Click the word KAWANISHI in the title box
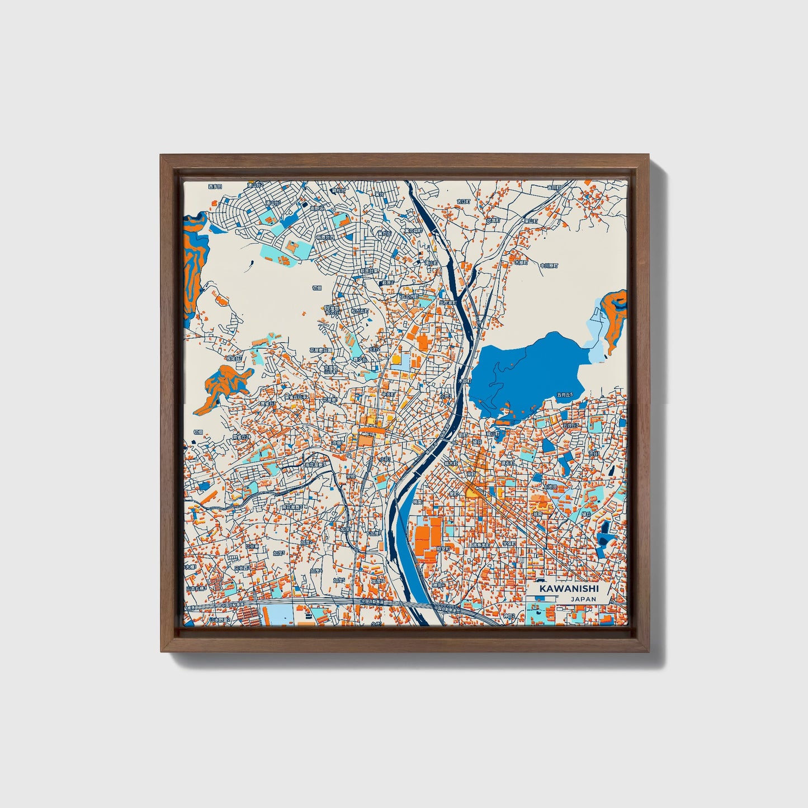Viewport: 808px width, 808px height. tap(569, 589)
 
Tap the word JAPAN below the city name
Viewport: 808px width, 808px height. tap(583, 599)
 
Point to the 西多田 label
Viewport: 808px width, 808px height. tap(215, 186)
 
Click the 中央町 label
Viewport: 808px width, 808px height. tap(388, 394)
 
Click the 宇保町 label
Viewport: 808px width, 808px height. tap(509, 543)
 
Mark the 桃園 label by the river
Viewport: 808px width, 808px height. tap(418, 502)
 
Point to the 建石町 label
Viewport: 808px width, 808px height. tap(507, 463)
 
